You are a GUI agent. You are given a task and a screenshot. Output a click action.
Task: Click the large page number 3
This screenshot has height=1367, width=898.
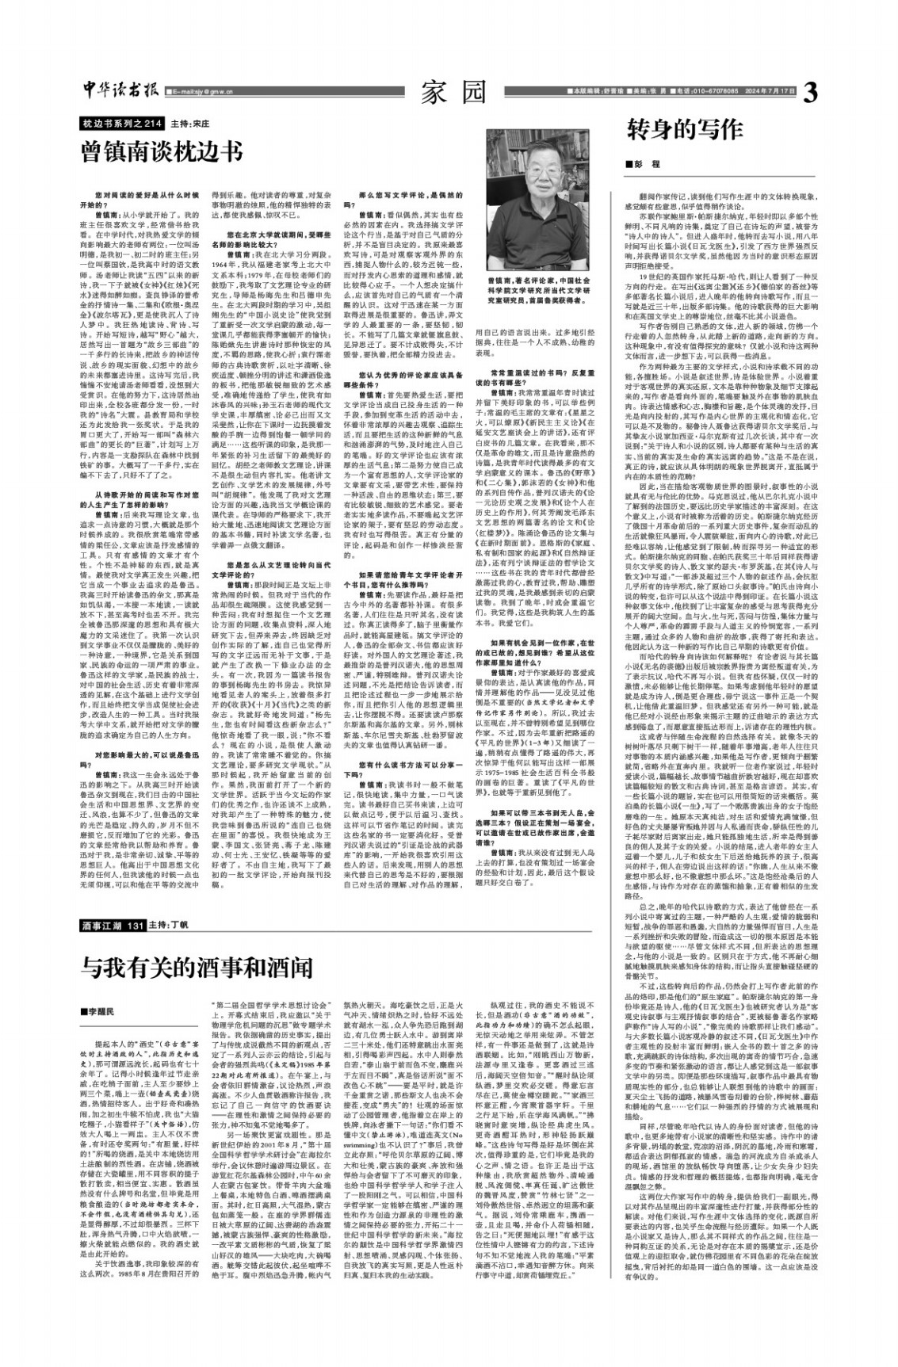click(809, 94)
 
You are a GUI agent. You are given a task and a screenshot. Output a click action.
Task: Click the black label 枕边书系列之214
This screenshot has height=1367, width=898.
click(122, 124)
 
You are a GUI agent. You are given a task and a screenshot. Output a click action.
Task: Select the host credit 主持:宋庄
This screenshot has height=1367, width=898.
click(189, 124)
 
